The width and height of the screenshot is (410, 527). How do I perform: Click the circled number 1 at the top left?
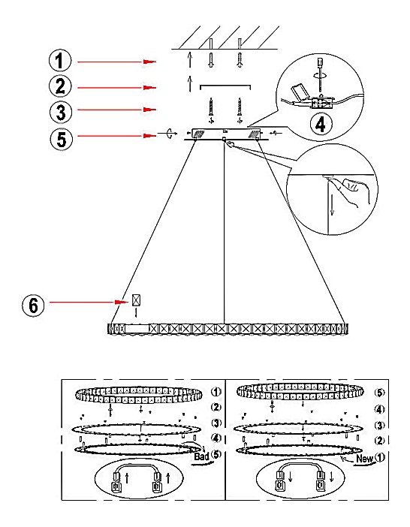click(x=60, y=61)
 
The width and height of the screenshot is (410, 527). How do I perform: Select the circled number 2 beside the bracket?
click(x=60, y=86)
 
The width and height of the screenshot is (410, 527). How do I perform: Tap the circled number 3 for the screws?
click(x=61, y=112)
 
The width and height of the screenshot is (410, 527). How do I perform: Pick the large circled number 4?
click(x=321, y=125)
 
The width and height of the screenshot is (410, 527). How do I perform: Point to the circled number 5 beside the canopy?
click(x=62, y=139)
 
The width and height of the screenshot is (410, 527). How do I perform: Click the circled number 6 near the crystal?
click(x=33, y=306)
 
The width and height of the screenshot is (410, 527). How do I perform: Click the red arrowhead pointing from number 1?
click(x=149, y=62)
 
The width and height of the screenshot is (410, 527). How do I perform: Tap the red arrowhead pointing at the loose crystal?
click(x=122, y=302)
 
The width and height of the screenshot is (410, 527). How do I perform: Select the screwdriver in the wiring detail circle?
click(x=321, y=74)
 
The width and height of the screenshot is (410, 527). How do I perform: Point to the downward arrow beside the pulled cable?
click(x=332, y=205)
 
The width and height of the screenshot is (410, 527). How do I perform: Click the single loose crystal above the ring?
click(x=136, y=300)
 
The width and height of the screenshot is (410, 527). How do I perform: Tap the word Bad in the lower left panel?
click(x=201, y=456)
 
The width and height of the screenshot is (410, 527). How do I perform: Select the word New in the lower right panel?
click(x=365, y=459)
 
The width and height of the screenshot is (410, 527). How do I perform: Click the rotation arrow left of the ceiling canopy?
click(x=171, y=133)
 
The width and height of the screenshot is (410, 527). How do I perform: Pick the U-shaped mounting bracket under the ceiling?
click(x=225, y=87)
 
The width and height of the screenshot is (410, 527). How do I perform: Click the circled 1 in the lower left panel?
click(x=216, y=392)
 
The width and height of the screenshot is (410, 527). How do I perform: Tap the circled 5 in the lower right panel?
click(x=380, y=393)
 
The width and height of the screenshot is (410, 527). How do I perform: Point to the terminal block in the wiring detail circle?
click(x=322, y=103)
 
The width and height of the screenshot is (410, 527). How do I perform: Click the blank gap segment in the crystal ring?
click(x=137, y=328)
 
